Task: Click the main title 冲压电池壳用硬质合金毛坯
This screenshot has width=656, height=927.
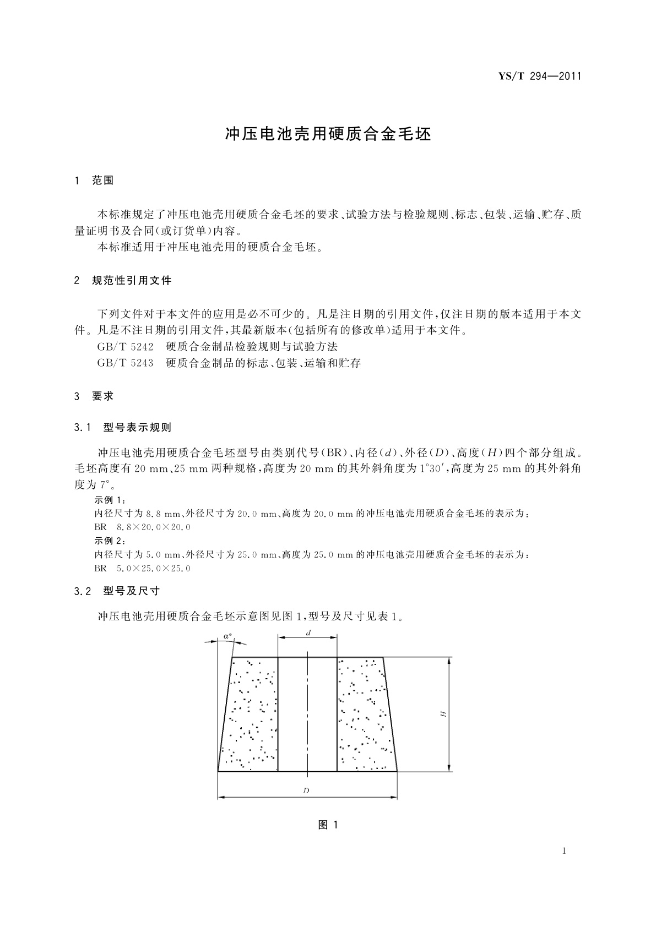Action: pos(328,134)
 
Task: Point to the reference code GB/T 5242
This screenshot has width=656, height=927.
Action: pos(125,347)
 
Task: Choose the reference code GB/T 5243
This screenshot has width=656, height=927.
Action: pos(125,363)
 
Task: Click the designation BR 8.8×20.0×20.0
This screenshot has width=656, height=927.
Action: pos(143,527)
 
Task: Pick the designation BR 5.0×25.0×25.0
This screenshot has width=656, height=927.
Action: pos(143,568)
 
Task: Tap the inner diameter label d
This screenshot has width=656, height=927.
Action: pos(308,633)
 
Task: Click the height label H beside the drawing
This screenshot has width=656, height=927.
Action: pos(443,714)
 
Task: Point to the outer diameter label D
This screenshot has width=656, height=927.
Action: pos(307,791)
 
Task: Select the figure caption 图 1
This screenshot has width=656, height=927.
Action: pos(328,825)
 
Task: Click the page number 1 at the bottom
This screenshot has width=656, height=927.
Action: pos(564,851)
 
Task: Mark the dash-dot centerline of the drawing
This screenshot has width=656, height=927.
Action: pos(307,716)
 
